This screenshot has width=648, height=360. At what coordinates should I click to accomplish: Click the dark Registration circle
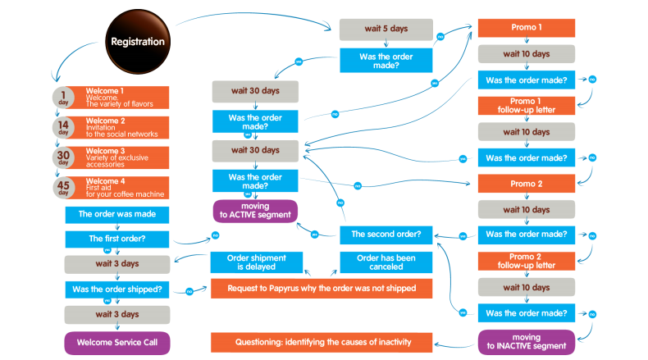click(138, 41)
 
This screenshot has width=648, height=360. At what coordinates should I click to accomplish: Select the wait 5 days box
click(386, 30)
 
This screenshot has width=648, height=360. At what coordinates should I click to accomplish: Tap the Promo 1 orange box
click(527, 27)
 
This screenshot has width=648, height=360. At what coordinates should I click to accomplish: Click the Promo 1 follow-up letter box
click(527, 106)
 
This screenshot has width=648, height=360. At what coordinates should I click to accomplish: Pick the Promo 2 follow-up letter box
click(527, 262)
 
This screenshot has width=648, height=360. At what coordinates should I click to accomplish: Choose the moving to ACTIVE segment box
click(254, 210)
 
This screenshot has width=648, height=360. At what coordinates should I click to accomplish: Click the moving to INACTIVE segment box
click(527, 341)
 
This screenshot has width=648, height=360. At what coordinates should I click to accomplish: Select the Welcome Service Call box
click(116, 342)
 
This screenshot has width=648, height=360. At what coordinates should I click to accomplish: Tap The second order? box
click(386, 235)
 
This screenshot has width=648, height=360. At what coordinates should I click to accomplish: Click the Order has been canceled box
click(386, 262)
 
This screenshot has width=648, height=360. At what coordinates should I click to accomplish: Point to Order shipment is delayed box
click(255, 262)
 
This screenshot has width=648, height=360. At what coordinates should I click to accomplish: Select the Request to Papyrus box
click(322, 288)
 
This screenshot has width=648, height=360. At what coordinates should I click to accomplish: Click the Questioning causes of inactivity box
click(322, 341)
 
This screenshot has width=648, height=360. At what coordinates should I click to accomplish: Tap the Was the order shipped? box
click(116, 289)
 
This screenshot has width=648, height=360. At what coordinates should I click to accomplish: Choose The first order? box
click(116, 239)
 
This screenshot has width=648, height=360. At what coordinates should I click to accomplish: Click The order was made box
click(116, 214)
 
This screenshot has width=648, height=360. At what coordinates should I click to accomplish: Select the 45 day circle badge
click(63, 188)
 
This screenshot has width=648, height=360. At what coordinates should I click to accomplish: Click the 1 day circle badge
click(63, 97)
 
